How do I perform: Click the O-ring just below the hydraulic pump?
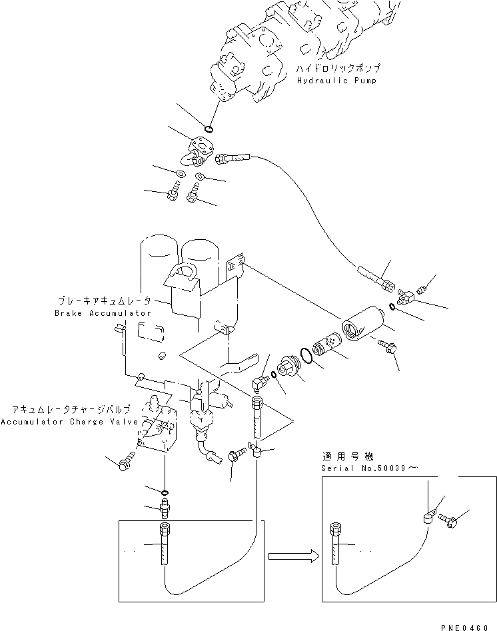click(209, 129)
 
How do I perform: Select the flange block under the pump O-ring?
click(199, 147)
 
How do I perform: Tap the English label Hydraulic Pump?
click(336, 80)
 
